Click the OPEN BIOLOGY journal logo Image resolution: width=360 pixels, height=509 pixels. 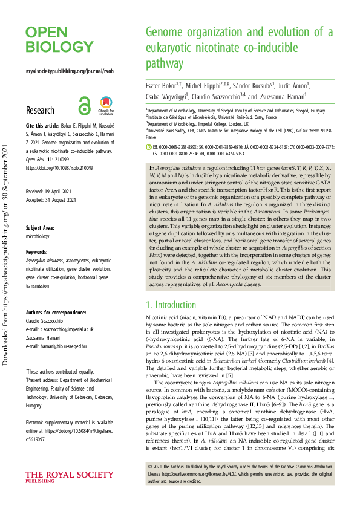tap(59, 39)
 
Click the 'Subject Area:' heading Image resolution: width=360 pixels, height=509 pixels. tap(42, 227)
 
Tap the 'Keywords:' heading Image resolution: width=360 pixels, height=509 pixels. tap(38, 251)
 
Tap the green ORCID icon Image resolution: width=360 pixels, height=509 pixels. tap(149, 146)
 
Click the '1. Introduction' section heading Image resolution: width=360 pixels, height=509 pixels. tap(172, 305)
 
